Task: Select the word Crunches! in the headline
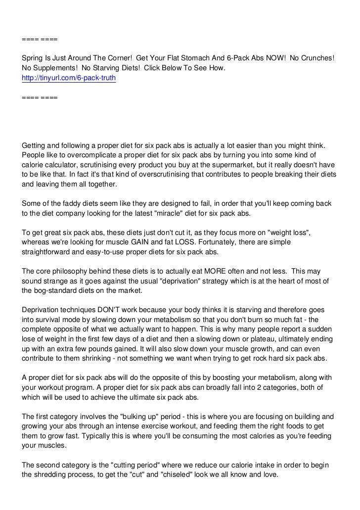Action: coord(314,58)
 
